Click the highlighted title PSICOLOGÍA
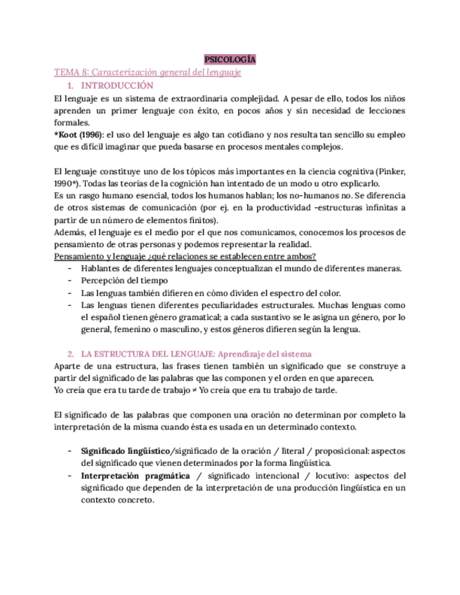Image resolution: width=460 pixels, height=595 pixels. click(x=229, y=60)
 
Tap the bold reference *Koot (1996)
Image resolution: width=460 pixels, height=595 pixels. click(x=79, y=135)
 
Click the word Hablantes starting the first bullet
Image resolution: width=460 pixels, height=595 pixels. click(x=100, y=269)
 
